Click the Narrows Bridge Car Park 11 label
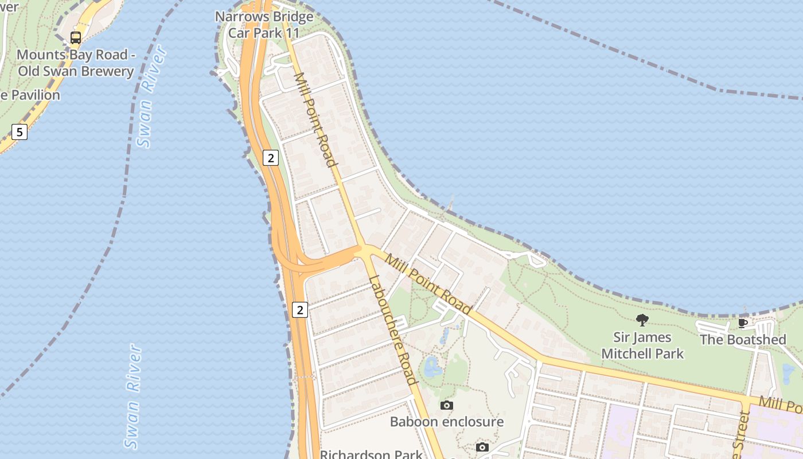coord(264,25)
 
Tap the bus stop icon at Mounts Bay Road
coord(76,38)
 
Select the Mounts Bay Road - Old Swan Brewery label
coord(75,63)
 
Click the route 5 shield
coord(20,133)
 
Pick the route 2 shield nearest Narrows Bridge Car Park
coord(271,157)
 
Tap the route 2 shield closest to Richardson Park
coord(300,310)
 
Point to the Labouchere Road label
coord(393,330)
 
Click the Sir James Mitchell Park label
coord(642,345)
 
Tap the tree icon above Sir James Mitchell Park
coord(642,320)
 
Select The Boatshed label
coord(743,340)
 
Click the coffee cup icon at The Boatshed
coord(743,323)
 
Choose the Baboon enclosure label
coord(447,422)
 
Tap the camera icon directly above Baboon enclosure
coord(447,406)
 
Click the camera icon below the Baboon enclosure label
coord(482,448)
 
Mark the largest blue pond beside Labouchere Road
coord(431,365)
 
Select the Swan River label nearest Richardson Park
coord(133,396)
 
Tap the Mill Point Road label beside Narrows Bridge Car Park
coord(314,119)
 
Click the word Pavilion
coord(36,95)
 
